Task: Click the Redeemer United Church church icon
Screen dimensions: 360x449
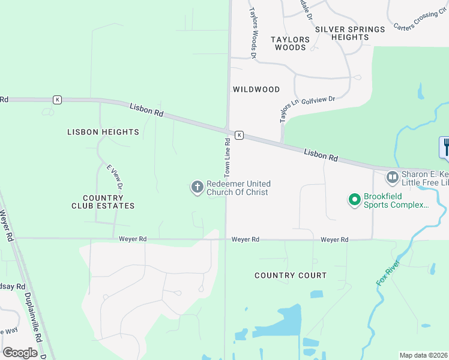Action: [197, 188]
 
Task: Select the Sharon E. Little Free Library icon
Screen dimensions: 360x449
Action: [393, 177]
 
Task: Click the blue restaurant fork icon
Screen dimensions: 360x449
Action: [445, 146]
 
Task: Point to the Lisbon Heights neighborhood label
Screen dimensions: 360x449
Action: [103, 132]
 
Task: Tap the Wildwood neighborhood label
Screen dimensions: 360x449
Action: [256, 89]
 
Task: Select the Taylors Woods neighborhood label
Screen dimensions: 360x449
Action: [290, 43]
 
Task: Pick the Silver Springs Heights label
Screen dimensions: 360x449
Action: [350, 33]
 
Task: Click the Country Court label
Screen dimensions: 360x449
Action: [291, 275]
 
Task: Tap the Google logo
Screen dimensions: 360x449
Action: [20, 353]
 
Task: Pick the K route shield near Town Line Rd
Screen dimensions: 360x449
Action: [239, 135]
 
